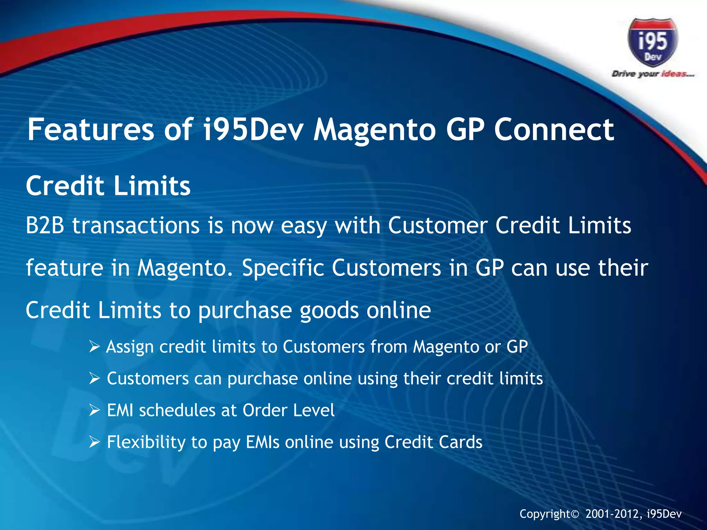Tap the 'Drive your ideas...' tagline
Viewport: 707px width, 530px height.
[x=652, y=74]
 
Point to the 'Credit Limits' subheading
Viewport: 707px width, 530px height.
[x=108, y=186]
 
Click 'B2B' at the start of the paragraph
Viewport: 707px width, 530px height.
[x=45, y=226]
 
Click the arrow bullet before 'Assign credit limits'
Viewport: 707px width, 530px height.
[x=94, y=346]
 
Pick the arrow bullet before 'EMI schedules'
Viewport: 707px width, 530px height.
[x=94, y=410]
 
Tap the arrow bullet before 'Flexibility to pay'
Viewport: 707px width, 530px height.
[x=94, y=442]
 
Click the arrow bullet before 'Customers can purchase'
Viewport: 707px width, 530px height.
[x=94, y=379]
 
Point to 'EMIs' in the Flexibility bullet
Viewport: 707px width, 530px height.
[x=262, y=442]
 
